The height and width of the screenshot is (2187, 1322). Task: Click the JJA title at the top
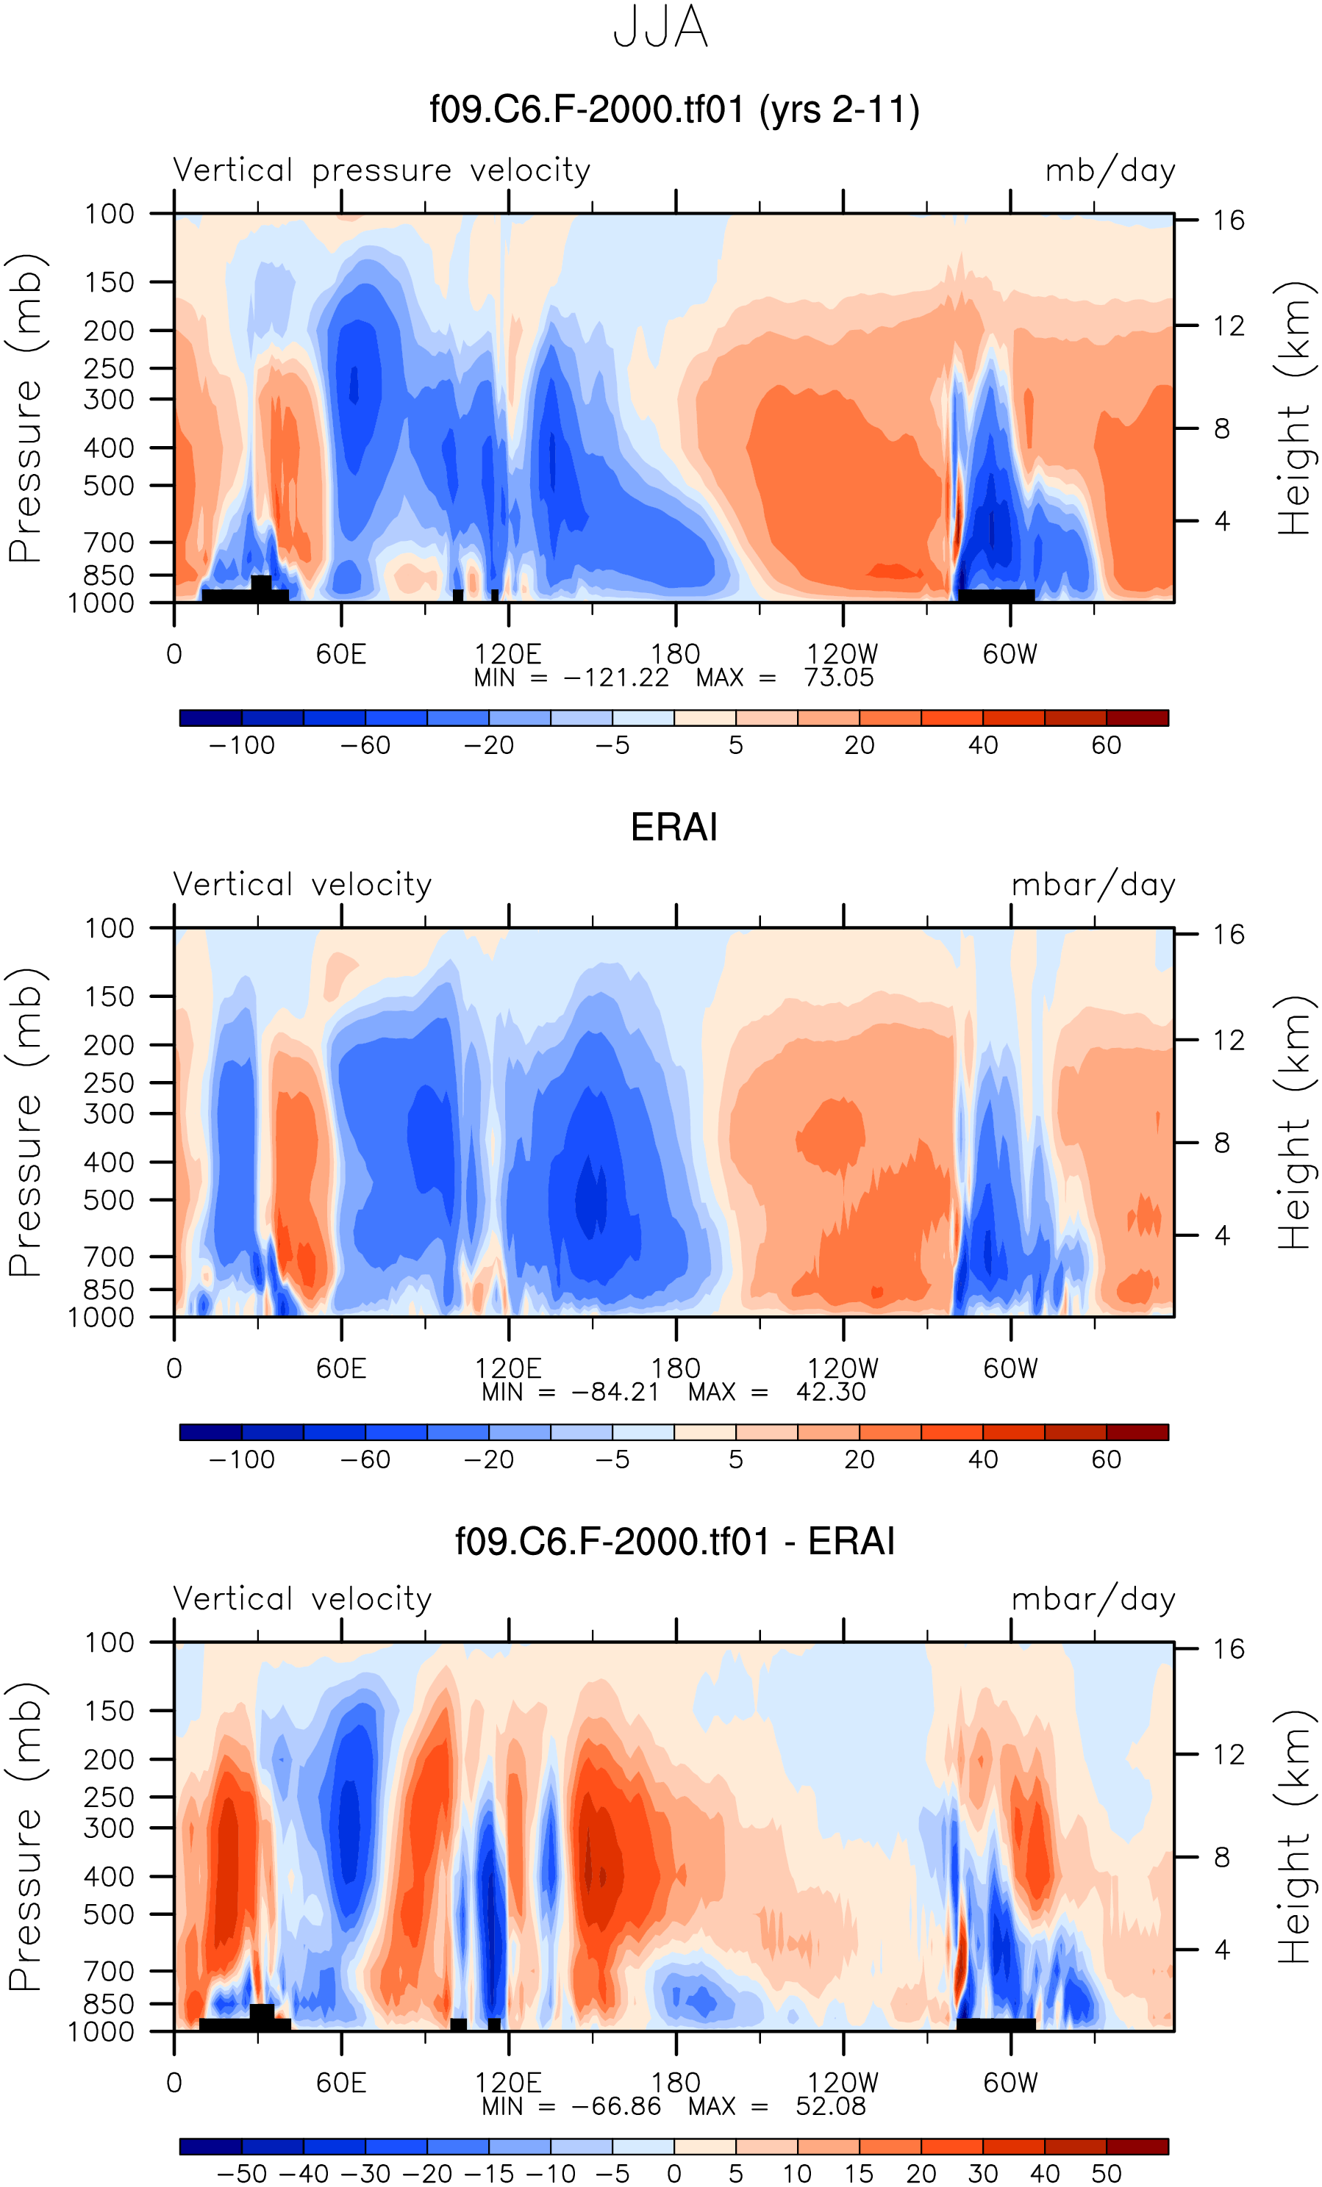click(x=660, y=27)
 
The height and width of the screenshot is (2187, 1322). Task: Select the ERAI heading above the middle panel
click(x=674, y=827)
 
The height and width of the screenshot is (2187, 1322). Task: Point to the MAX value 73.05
click(x=838, y=678)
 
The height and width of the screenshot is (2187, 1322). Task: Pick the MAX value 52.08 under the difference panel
click(x=830, y=2106)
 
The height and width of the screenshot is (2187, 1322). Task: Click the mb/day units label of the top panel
click(x=1110, y=170)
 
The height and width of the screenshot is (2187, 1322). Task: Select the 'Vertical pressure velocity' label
click(x=382, y=170)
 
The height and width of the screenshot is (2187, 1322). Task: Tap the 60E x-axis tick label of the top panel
click(x=341, y=655)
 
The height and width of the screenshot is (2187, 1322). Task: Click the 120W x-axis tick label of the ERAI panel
click(x=843, y=1368)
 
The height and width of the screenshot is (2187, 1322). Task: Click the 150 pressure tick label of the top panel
click(x=110, y=282)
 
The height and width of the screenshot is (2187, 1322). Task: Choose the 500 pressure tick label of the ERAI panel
click(x=110, y=1200)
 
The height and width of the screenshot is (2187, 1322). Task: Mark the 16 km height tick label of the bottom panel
click(x=1229, y=1649)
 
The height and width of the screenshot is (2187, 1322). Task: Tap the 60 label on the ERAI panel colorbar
click(x=1107, y=1459)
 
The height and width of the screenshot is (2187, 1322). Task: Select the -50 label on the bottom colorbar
click(x=241, y=2174)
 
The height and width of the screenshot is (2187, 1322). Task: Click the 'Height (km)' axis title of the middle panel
click(x=1293, y=1123)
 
